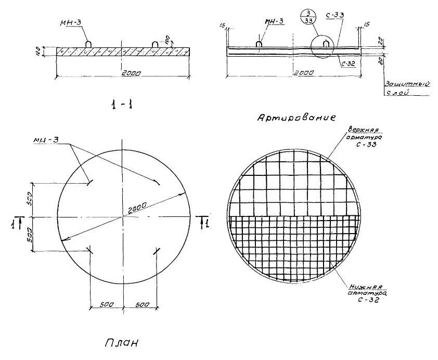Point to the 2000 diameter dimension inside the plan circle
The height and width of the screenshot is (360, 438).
click(x=136, y=207)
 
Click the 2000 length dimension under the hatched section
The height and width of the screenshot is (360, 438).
click(x=123, y=73)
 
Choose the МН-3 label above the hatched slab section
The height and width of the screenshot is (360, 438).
click(x=69, y=22)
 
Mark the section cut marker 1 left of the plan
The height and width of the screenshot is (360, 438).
click(x=18, y=222)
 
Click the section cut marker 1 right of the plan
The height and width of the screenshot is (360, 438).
click(x=204, y=223)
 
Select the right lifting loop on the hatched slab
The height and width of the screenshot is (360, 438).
click(x=154, y=45)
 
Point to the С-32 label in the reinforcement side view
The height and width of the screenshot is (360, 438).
click(x=348, y=63)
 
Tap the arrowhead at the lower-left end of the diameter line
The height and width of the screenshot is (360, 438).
click(x=63, y=239)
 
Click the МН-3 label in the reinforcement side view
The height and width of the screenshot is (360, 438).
click(x=274, y=21)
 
